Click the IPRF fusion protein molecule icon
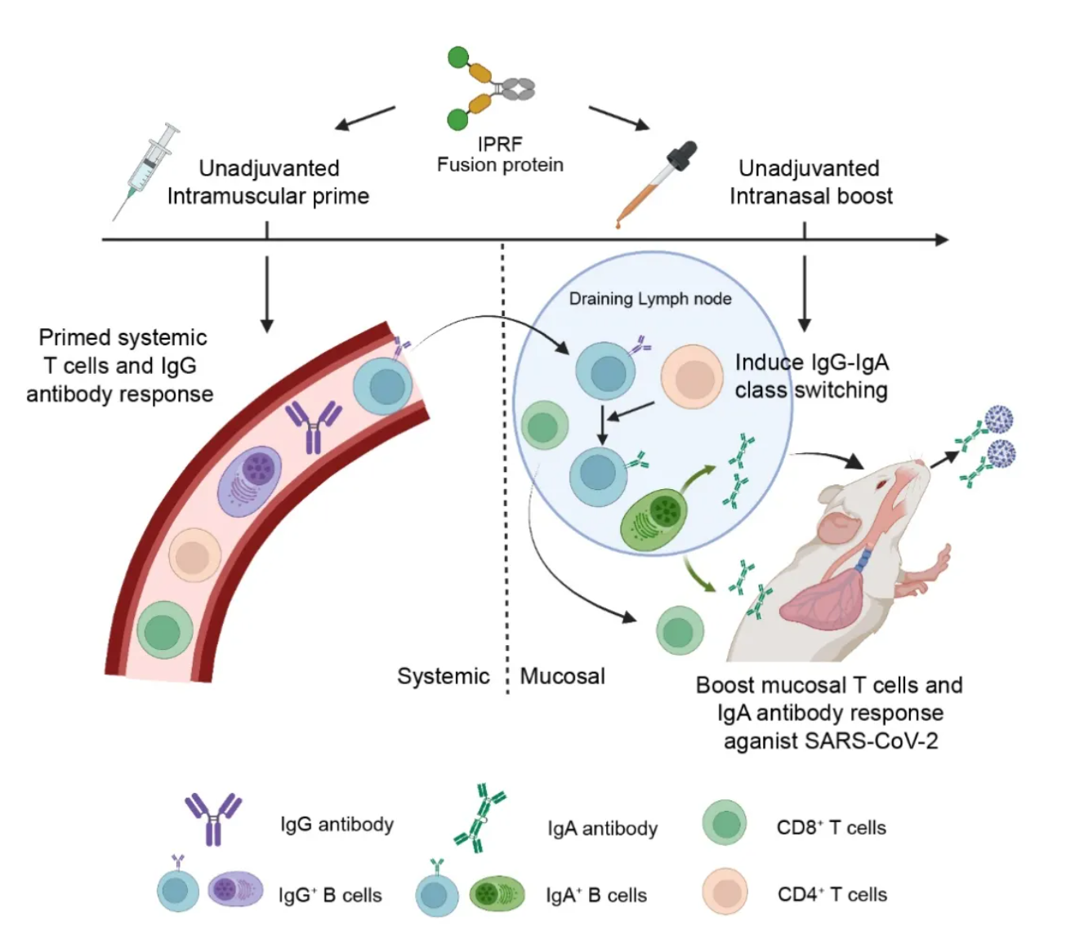488,87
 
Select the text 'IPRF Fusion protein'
500,154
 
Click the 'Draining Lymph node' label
650,299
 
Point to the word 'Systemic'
443,676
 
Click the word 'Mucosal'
563,676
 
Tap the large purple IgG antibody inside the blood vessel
313,425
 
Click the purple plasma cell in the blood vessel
250,480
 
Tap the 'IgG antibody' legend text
337,824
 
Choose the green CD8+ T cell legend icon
725,823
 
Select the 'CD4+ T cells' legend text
832,894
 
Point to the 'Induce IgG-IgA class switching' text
811,376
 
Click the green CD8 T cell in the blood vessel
165,629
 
